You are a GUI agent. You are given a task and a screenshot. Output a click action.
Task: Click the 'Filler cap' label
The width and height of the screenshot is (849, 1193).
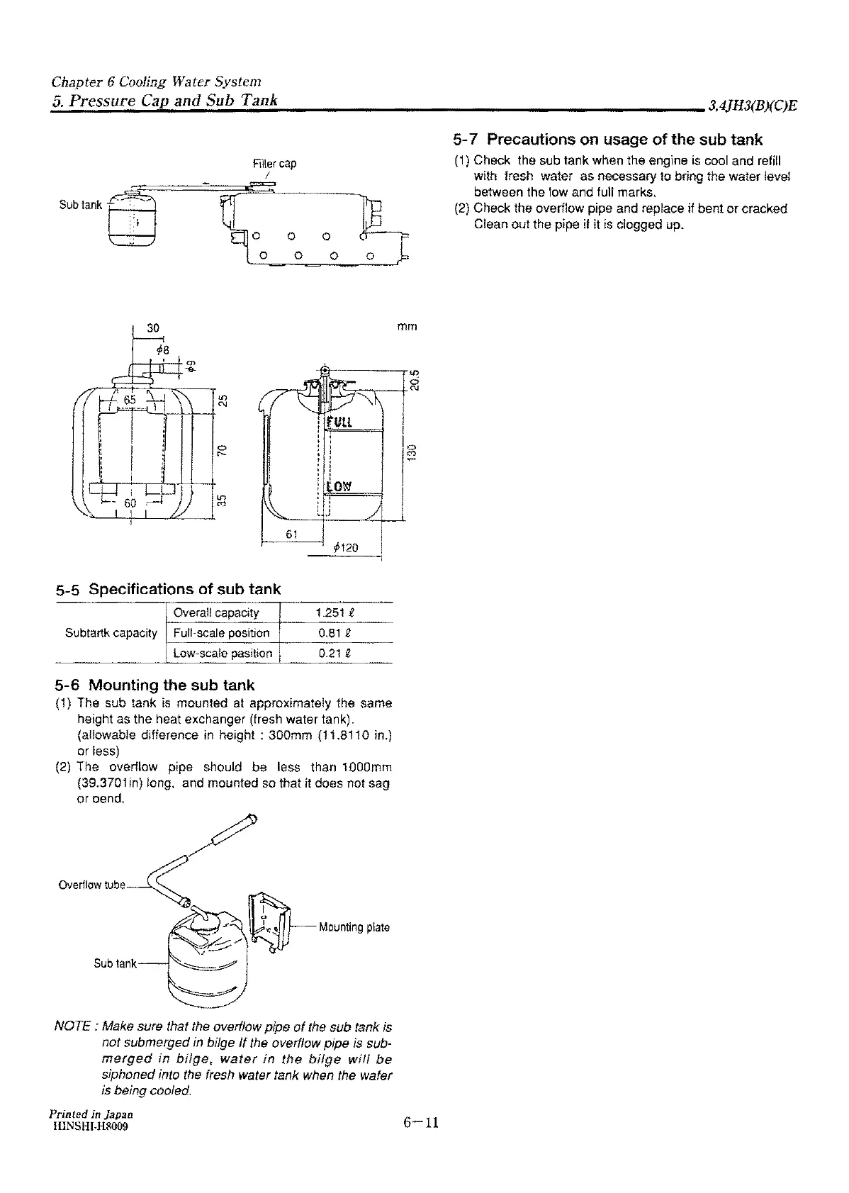274,164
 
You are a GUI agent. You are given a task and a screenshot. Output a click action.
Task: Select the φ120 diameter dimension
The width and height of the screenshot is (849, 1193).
345,547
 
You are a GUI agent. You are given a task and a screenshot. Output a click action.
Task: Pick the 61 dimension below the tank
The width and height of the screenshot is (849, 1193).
291,534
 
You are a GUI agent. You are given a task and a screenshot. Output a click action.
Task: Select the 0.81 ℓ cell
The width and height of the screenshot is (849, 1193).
335,633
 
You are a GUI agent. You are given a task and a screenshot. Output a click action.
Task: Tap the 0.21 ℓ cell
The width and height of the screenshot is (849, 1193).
335,654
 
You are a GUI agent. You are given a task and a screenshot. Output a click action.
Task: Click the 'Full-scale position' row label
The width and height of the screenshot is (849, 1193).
222,633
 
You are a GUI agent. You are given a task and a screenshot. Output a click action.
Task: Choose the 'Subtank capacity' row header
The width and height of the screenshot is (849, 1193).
111,633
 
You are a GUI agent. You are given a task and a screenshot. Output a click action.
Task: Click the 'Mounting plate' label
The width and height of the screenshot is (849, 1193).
354,927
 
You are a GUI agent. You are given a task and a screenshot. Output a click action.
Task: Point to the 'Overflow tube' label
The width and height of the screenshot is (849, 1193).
91,885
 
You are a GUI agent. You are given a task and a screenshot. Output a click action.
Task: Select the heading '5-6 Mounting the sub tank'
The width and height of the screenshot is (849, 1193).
154,685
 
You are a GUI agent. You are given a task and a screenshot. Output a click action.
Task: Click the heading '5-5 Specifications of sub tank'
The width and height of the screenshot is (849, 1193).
168,589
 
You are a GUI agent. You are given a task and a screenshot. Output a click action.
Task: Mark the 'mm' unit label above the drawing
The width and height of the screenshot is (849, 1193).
407,327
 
